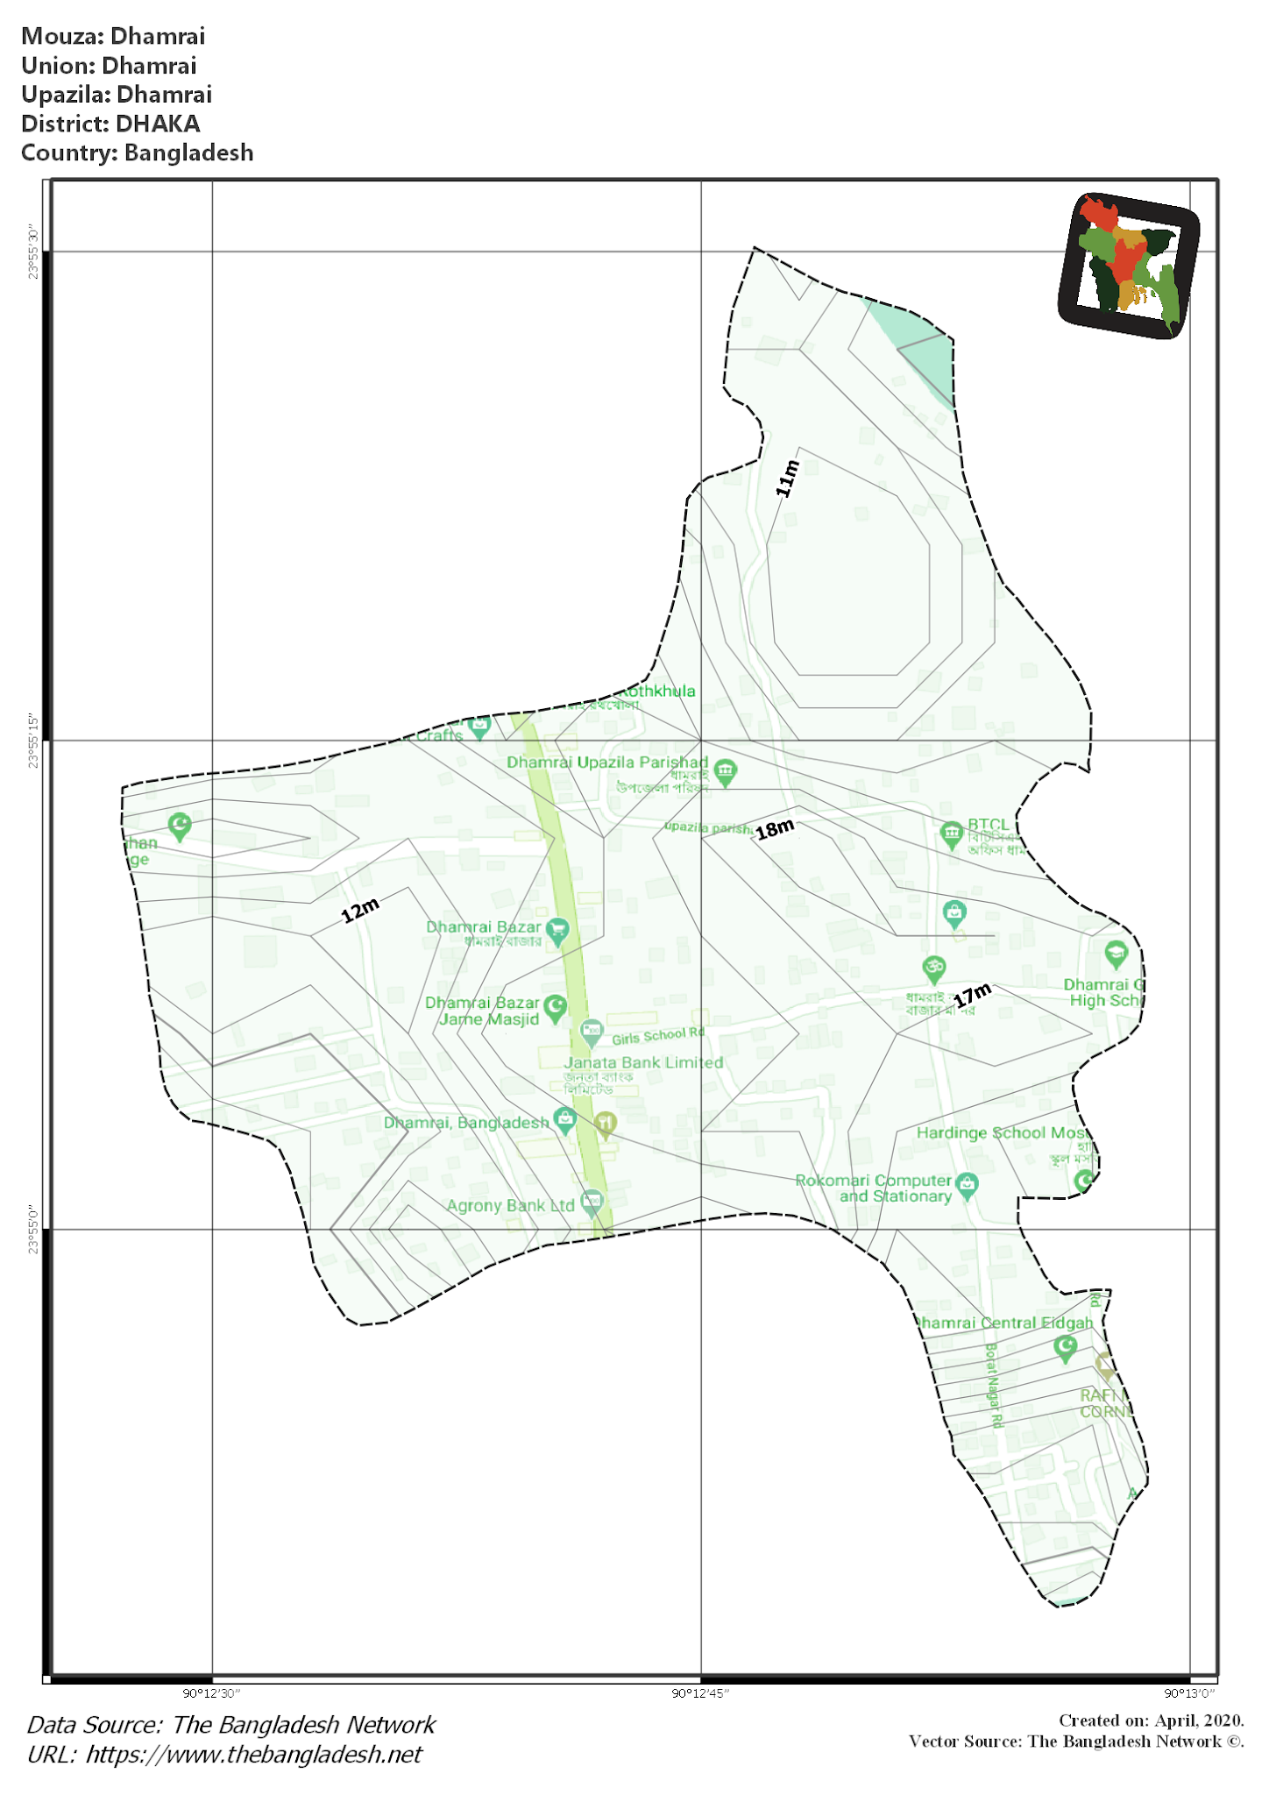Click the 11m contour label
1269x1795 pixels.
[788, 479]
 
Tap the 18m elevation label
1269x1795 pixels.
[775, 828]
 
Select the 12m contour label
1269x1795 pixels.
[360, 910]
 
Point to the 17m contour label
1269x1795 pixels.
[973, 996]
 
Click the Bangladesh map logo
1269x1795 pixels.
[1128, 266]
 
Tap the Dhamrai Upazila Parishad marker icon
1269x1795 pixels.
[725, 771]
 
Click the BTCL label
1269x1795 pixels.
[989, 825]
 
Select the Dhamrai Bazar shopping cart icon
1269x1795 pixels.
[557, 930]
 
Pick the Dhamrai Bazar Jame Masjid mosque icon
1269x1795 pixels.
[555, 1007]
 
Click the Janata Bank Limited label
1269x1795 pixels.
[643, 1062]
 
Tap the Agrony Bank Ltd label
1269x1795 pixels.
[510, 1205]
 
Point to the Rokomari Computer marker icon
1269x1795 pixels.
[967, 1184]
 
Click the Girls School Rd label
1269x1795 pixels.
[657, 1036]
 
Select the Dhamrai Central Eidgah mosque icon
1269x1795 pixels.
[1065, 1347]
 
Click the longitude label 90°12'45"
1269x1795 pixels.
[700, 1692]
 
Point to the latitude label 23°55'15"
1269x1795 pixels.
[33, 741]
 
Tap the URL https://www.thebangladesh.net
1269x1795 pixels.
[254, 1754]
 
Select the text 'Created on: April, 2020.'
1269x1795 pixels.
[1151, 1721]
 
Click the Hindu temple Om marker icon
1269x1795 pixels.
[934, 968]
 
